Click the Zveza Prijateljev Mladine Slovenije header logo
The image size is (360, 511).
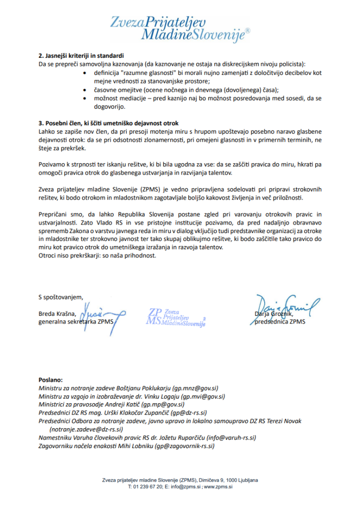[180, 27]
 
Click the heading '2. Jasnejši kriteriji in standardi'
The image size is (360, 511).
[81, 55]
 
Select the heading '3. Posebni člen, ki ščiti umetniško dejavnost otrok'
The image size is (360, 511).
[108, 123]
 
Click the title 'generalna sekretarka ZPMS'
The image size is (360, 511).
[76, 322]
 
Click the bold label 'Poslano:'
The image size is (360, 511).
[51, 380]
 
